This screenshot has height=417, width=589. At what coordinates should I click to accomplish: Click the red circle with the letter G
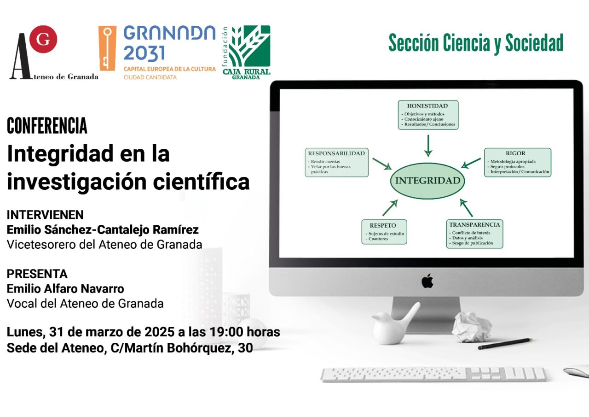click(43, 39)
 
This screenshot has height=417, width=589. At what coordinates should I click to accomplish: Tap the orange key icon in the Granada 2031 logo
click(107, 48)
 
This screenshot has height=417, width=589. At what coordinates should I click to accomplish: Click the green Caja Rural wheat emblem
click(249, 46)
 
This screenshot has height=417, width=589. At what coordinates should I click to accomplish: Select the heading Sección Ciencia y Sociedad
click(476, 43)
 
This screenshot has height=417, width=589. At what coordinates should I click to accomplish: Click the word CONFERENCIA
click(47, 126)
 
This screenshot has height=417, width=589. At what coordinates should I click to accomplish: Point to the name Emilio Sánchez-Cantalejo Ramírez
click(103, 229)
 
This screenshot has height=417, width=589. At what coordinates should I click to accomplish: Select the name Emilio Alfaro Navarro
click(65, 288)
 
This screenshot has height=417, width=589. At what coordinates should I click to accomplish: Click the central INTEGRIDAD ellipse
click(427, 181)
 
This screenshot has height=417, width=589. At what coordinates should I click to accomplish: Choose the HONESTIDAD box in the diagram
click(428, 115)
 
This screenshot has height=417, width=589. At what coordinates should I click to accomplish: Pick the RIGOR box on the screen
click(518, 163)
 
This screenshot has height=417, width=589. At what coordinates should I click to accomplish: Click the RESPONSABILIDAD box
click(336, 163)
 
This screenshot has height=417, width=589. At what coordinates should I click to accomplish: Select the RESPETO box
click(384, 232)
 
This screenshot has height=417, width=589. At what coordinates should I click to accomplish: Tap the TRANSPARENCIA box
click(474, 234)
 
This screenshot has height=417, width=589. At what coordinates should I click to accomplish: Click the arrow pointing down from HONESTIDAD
click(428, 146)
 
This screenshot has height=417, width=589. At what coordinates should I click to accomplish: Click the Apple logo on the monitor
click(427, 281)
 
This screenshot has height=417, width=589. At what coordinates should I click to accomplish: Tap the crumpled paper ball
click(472, 326)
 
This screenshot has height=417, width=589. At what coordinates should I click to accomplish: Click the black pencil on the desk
click(505, 344)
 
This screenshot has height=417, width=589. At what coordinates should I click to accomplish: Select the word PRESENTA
click(37, 274)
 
